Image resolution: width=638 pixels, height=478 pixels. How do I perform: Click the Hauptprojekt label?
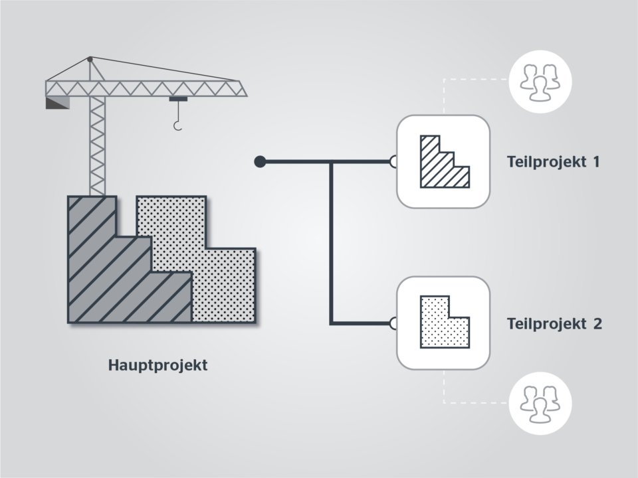158,365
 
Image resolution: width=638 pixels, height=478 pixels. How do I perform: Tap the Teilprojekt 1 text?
554,162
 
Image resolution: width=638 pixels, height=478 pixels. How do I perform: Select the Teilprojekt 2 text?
554,324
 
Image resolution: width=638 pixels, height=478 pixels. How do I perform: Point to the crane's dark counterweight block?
57,102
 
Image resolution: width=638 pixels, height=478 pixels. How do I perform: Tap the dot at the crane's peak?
90,59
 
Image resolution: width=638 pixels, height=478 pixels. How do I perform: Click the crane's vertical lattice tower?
97,145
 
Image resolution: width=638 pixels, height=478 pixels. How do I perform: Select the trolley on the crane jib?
178,99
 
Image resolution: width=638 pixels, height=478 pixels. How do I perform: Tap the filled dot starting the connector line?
260,162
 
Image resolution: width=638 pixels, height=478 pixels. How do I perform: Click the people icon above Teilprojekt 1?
540,82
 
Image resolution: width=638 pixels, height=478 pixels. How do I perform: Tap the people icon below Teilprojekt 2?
540,404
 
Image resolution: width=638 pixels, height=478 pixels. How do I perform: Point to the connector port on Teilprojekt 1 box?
393,162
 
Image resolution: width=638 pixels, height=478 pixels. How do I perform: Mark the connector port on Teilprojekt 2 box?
393,323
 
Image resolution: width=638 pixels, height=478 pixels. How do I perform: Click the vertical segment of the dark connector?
331,243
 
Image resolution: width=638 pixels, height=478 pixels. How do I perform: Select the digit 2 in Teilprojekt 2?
597,324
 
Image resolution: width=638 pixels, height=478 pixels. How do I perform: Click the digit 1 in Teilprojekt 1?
597,162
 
